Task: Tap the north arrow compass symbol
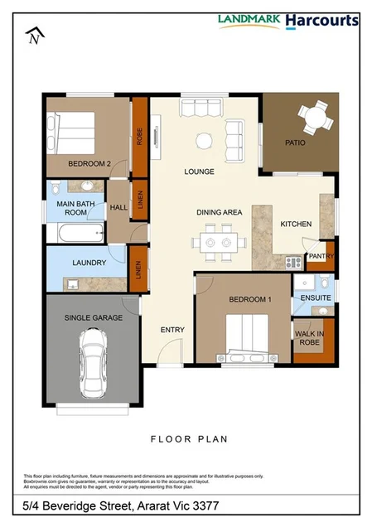coord(33,36)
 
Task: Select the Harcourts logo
coord(322,20)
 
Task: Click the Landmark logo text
coord(249,18)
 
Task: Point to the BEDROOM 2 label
coord(89,164)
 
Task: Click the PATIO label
coord(295,143)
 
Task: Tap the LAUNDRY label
coord(89,263)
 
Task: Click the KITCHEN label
coord(296,225)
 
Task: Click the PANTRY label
coord(321,257)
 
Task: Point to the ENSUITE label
coord(316,297)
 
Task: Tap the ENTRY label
coord(172,330)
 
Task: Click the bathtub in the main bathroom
coord(63,234)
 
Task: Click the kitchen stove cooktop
coord(293,262)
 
